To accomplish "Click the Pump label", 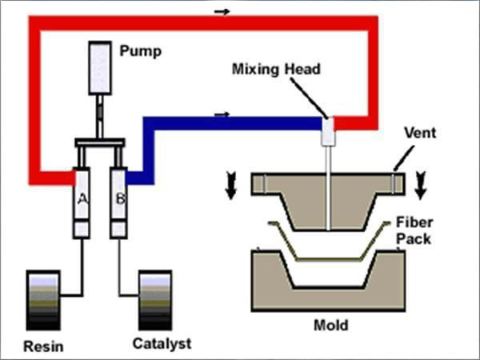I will pos(141,52).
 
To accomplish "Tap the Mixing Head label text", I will pos(276,70).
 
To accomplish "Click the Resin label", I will pos(43,346).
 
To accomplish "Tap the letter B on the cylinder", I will pos(118,199).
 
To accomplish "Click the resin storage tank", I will pos(43,301).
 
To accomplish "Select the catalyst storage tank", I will pos(155,301).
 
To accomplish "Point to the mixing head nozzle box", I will pos(328,132).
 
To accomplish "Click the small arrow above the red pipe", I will pos(222,11).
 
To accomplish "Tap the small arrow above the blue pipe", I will pos(222,114).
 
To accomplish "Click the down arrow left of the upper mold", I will pos(231,187).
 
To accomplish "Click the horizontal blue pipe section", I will pos(240,124).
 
